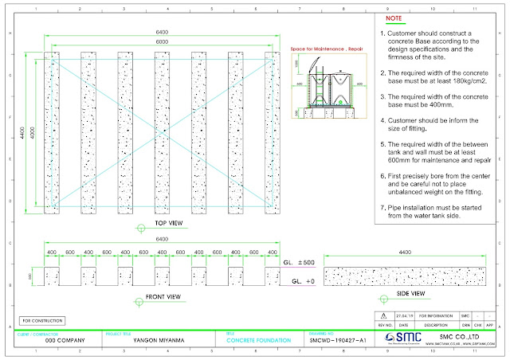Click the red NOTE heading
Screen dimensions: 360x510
click(x=394, y=17)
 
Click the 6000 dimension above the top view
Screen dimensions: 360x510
click(x=162, y=40)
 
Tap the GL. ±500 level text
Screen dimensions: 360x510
click(x=301, y=261)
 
